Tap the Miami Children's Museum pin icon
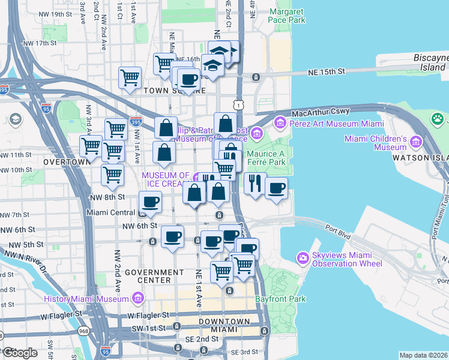click(x=415, y=143)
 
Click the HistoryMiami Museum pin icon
click(x=138, y=298)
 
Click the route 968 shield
click(x=83, y=329)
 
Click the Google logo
click(x=20, y=353)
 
